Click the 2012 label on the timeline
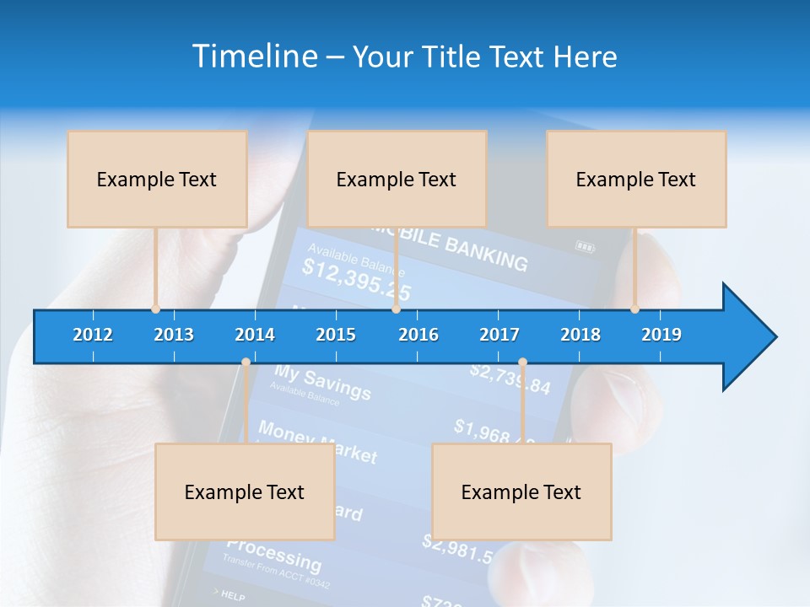(x=93, y=335)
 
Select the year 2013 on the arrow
(x=174, y=335)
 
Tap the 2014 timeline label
(x=255, y=335)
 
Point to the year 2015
(x=336, y=335)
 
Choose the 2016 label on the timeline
(x=418, y=335)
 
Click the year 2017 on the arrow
(x=499, y=335)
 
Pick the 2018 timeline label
(x=580, y=335)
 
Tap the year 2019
(x=661, y=335)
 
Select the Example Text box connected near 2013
(x=157, y=179)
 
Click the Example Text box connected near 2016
(x=397, y=179)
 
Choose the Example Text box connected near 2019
(x=636, y=179)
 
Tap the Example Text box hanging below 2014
(x=245, y=492)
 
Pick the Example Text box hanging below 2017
(x=521, y=492)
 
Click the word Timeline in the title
(x=253, y=56)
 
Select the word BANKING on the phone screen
(x=486, y=250)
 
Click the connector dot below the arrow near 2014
(x=246, y=363)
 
